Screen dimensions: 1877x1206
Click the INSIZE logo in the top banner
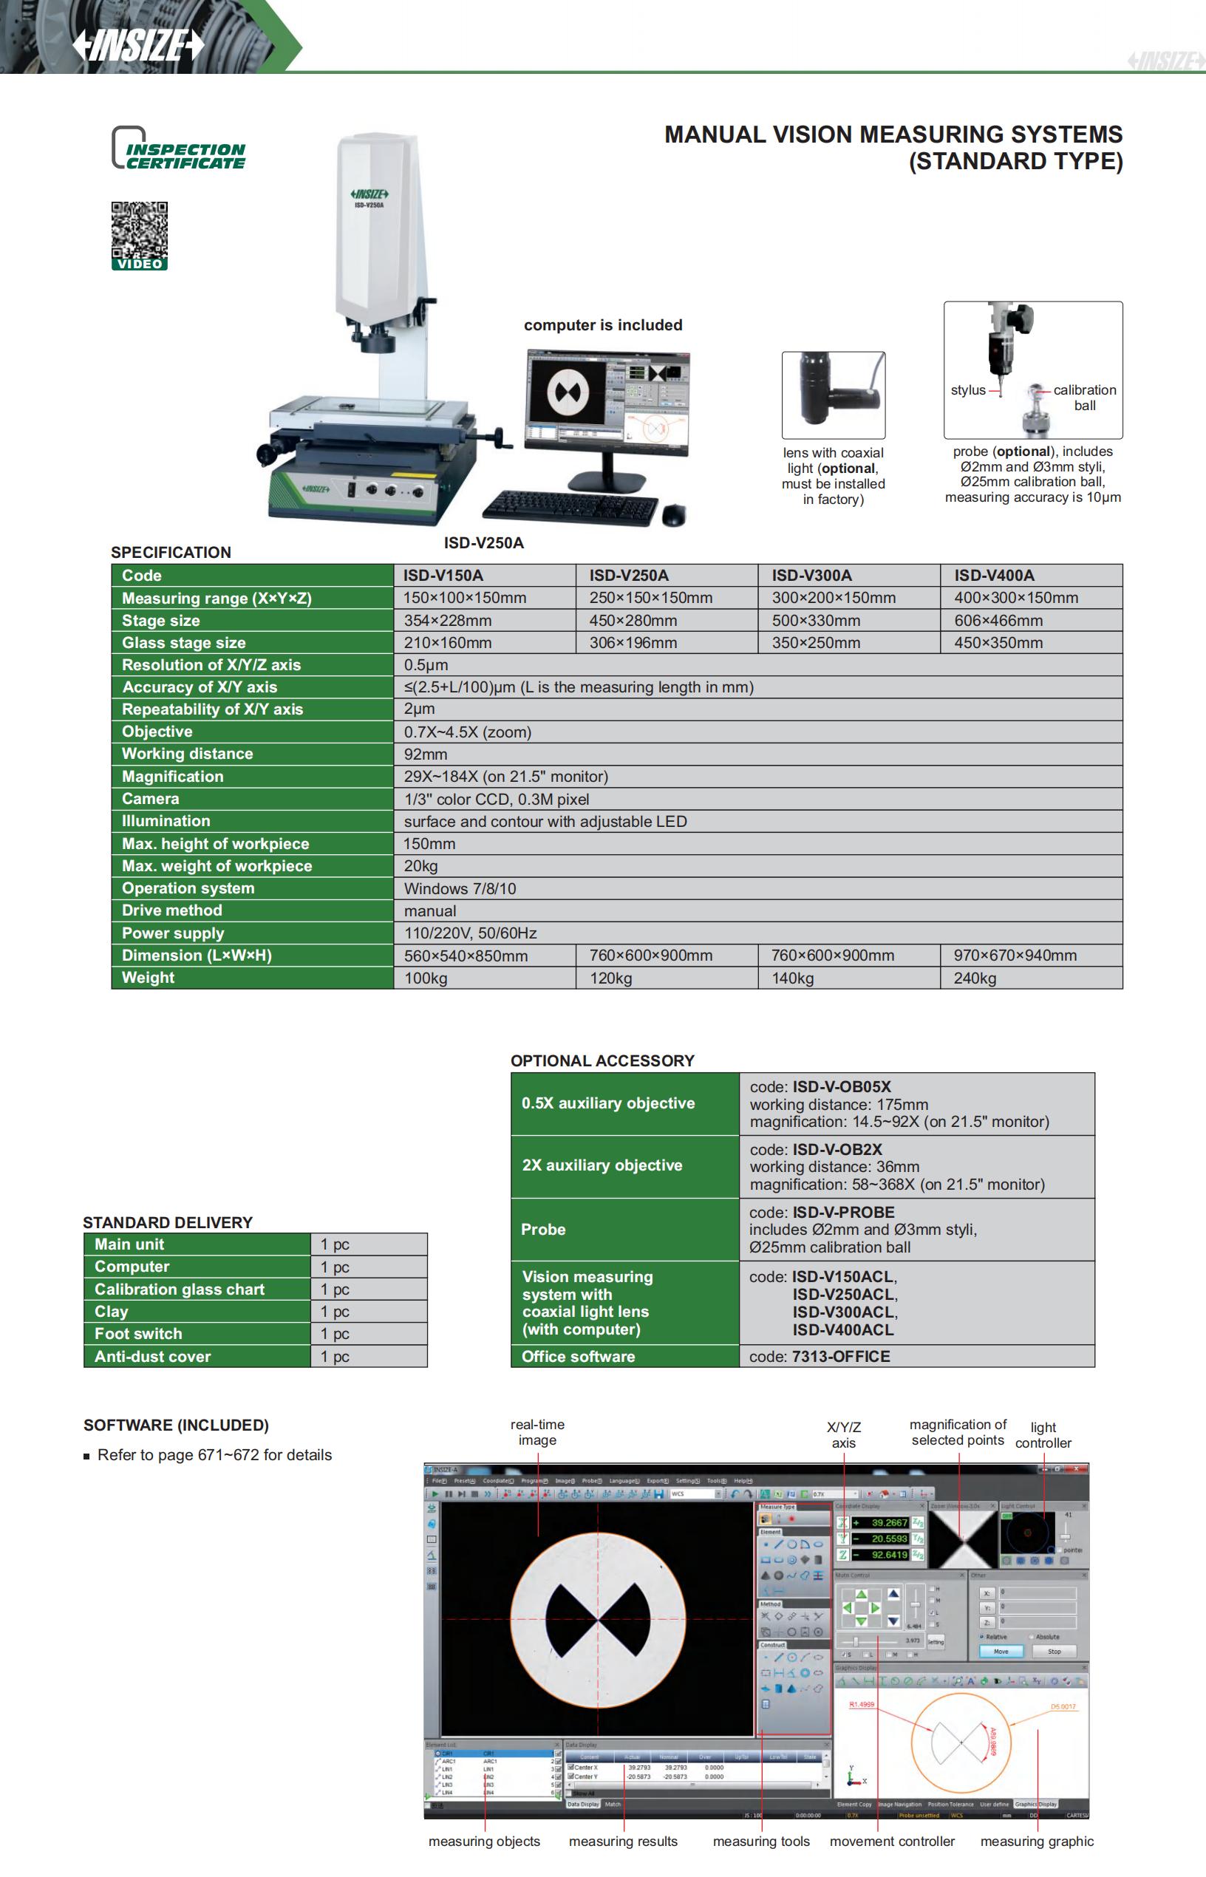[138, 44]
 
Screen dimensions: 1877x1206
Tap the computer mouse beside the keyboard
[672, 514]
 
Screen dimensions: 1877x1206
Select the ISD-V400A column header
[994, 576]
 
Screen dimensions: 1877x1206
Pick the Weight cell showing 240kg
[975, 978]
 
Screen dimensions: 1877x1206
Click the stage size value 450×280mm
[633, 620]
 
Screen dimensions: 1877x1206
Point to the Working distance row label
[187, 754]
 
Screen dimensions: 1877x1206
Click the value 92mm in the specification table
[425, 754]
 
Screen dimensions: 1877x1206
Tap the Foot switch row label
[139, 1334]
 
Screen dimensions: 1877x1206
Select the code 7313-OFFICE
[841, 1356]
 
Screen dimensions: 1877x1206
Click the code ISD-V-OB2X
[837, 1150]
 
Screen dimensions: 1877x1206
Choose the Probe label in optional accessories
[543, 1230]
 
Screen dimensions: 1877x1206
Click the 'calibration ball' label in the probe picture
[1085, 397]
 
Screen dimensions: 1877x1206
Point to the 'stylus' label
[968, 390]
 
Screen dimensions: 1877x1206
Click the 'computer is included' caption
[603, 325]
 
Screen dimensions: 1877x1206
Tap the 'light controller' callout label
[1043, 1435]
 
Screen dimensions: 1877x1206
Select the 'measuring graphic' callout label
[1037, 1841]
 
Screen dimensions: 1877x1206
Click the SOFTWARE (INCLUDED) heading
[176, 1425]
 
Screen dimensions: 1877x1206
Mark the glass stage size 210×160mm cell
[447, 643]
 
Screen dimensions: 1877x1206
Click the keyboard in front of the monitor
[570, 507]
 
